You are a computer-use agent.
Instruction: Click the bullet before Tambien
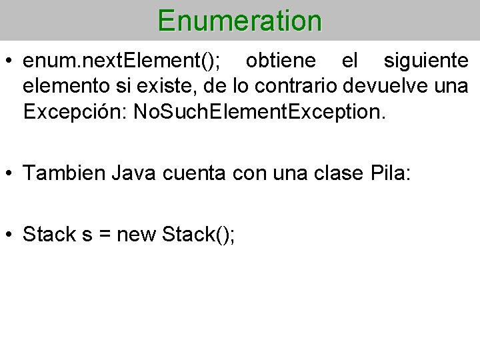pyautogui.click(x=10, y=175)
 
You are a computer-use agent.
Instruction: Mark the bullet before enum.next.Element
pyautogui.click(x=10, y=62)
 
